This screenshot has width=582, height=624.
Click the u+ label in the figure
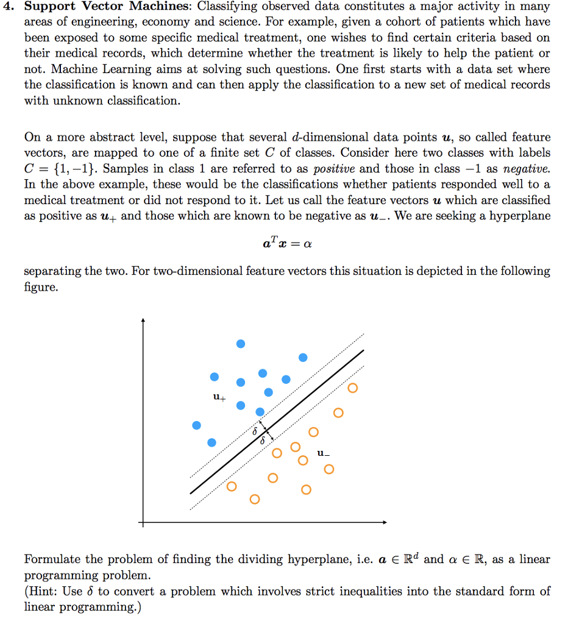click(x=219, y=398)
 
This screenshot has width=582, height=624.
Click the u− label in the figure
click(x=324, y=453)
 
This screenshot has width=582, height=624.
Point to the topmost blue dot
click(x=241, y=344)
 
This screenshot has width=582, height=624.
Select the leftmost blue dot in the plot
click(x=196, y=425)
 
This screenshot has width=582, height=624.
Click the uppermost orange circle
click(x=353, y=388)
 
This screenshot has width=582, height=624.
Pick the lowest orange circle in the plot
click(x=254, y=500)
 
